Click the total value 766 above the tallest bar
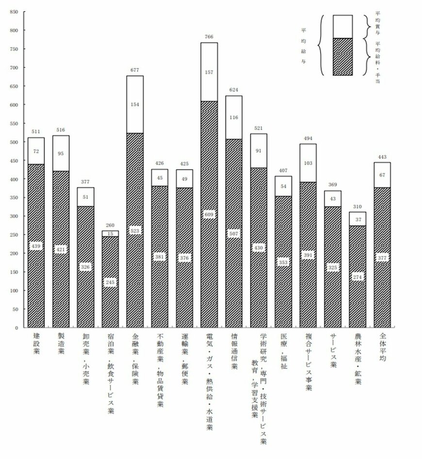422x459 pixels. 209,37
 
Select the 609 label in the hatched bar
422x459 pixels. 209,214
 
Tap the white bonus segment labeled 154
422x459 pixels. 135,104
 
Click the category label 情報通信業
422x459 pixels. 234,352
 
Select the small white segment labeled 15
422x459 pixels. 110,233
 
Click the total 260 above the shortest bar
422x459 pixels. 110,225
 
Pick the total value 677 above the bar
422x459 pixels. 135,70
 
